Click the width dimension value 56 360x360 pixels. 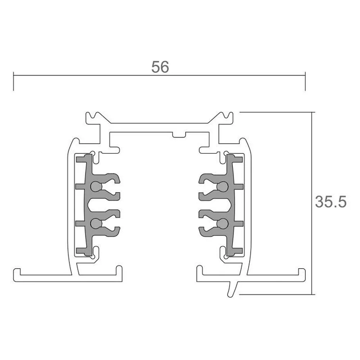pos(160,67)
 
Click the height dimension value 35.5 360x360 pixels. pos(330,202)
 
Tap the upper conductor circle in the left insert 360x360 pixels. pos(96,186)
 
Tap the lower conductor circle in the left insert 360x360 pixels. pos(96,224)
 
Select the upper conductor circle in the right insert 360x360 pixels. pos(222,186)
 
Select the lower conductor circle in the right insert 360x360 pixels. pos(222,224)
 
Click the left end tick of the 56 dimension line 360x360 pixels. pos(14,81)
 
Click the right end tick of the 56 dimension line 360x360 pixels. pos(305,81)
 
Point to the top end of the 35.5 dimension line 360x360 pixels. pos(312,112)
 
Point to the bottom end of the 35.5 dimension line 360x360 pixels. pos(312,294)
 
